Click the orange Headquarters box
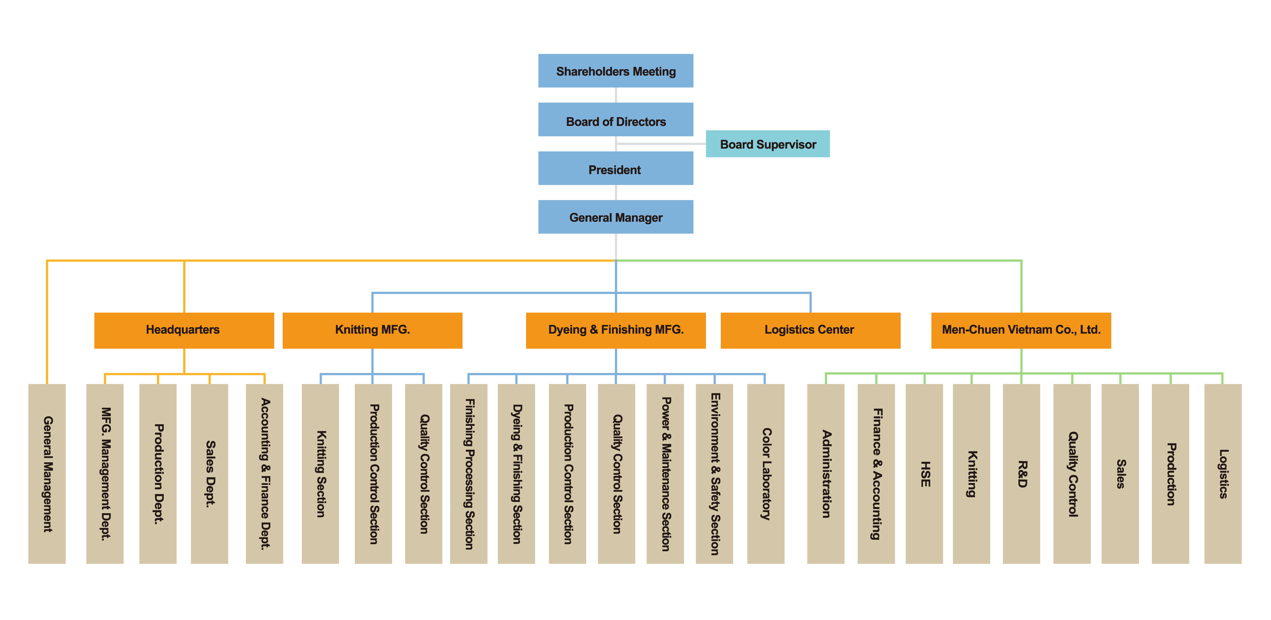coord(183,330)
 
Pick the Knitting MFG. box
coord(372,330)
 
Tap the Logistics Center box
coord(810,330)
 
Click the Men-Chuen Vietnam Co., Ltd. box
coord(1021,330)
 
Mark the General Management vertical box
coord(47,474)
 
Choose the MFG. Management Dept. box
coord(105,474)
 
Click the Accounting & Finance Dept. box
coord(265,474)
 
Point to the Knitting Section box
coord(320,474)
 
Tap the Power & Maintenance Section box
coord(665,474)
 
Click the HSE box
coord(924,474)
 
